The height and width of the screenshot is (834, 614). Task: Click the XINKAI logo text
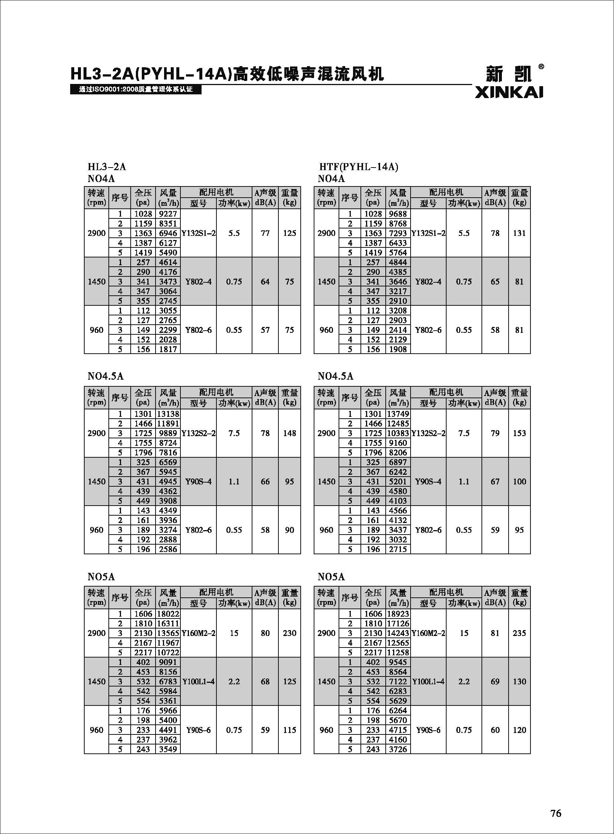click(x=509, y=92)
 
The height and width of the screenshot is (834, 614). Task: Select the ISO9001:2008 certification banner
click(x=135, y=90)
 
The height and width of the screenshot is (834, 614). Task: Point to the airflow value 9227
click(x=168, y=214)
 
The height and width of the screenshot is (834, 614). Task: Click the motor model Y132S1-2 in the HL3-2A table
click(x=198, y=233)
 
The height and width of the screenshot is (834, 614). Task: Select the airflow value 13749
click(x=398, y=414)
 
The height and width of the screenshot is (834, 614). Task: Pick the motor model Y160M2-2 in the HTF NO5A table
click(x=428, y=633)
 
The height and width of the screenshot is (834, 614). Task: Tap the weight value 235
click(x=519, y=633)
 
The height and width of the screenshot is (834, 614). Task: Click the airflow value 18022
click(x=168, y=614)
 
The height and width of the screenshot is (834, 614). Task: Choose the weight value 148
click(x=290, y=434)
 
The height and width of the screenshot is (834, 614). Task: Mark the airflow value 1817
click(x=168, y=349)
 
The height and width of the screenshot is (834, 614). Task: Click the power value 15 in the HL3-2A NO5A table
click(x=234, y=633)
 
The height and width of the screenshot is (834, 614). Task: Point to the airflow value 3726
click(x=398, y=749)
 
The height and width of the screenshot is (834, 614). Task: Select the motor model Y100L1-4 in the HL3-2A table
click(x=198, y=681)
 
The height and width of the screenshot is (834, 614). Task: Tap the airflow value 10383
click(x=398, y=434)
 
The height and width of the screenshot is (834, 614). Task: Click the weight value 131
click(x=519, y=233)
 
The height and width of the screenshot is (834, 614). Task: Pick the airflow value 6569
click(x=168, y=463)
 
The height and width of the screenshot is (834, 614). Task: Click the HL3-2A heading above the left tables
click(x=107, y=167)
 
